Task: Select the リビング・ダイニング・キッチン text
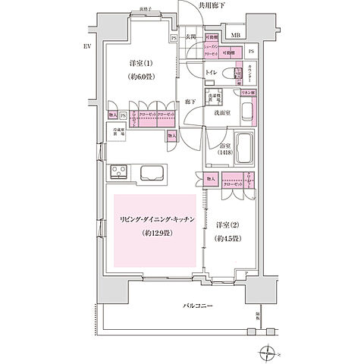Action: pos(155,218)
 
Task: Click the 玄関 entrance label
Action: pos(193,36)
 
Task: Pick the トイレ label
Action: pos(212,73)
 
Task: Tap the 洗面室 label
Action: pos(221,112)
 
